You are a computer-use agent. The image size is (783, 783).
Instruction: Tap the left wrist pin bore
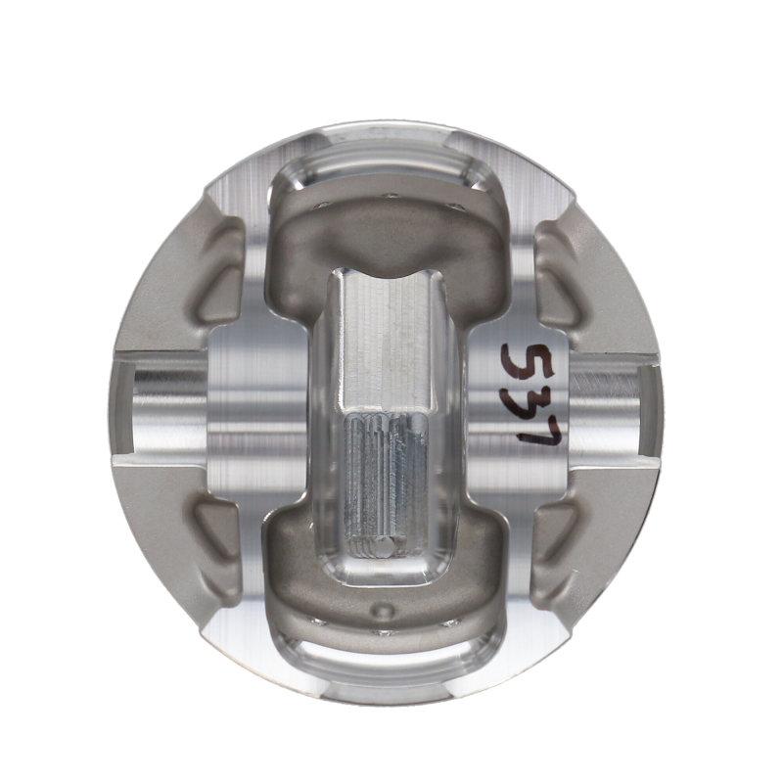tap(161, 401)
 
